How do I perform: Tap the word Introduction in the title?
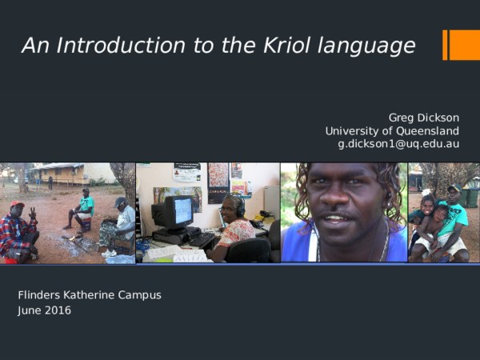101,46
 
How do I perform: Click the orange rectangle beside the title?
462,45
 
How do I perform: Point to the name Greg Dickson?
423,118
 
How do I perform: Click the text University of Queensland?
392,131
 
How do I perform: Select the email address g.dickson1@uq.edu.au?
398,144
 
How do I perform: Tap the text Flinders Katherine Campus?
90,295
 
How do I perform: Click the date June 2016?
44,310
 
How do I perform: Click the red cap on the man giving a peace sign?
17,205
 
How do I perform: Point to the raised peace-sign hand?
32,214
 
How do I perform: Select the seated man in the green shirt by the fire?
82,210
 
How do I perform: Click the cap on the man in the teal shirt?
454,189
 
